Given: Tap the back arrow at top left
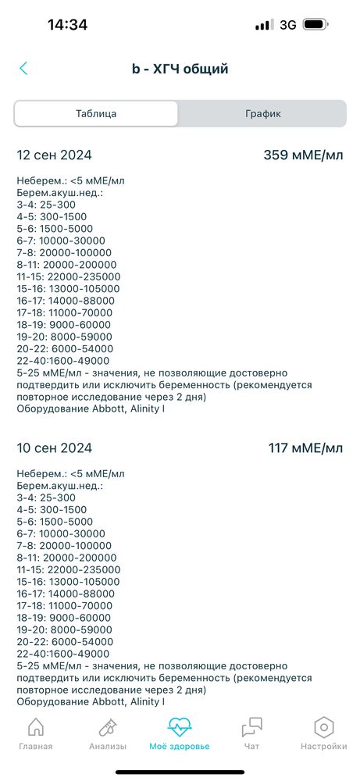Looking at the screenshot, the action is [23, 69].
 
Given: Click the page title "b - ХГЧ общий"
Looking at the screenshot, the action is [180, 69].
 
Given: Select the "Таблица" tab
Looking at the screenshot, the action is [96, 113].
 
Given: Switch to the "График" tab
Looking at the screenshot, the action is [262, 113].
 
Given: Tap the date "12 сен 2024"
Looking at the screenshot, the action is [55, 155].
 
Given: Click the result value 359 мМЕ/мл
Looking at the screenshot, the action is [303, 155].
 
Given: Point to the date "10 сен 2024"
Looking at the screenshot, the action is [55, 448].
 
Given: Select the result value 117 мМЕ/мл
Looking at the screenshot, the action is [305, 448].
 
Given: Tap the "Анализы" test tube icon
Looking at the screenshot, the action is [107, 729].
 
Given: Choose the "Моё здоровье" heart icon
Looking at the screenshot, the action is [180, 729].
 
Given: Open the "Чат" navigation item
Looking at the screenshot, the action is [251, 729].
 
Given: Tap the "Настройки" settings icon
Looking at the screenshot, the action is [323, 729].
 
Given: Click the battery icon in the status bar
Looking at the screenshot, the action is [315, 25].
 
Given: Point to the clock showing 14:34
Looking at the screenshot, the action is [67, 24].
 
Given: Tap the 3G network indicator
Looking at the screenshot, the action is [287, 25].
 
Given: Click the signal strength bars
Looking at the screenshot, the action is [262, 25].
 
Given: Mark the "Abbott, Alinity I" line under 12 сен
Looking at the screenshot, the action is [91, 408].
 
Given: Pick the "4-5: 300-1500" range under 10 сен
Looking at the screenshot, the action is [52, 509].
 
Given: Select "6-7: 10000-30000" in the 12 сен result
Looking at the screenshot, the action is [61, 241].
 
